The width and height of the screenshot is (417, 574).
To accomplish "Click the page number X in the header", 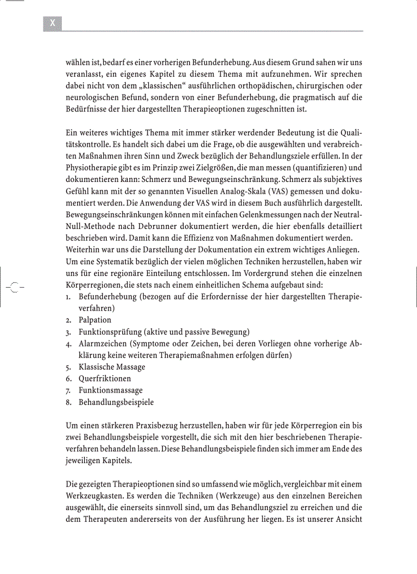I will tap(53, 23).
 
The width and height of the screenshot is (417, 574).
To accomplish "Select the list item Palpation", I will tap(95, 320).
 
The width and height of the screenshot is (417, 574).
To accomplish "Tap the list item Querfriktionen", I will tap(104, 379).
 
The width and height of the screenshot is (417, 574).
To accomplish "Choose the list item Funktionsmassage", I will tap(110, 391).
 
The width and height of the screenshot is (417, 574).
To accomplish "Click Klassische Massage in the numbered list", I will tap(111, 367).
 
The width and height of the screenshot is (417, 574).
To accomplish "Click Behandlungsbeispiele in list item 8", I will tap(116, 402).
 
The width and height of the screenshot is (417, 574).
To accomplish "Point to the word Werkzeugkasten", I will tap(95, 496).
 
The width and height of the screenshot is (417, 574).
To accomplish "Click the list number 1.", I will tap(68, 297).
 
